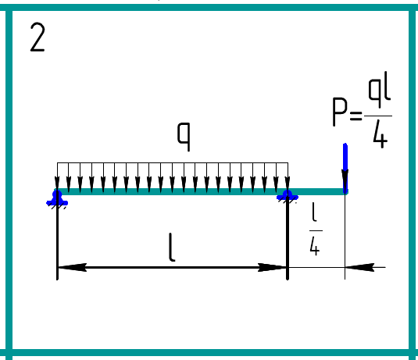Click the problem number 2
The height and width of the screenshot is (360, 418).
[38, 37]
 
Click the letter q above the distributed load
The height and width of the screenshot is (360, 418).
[184, 137]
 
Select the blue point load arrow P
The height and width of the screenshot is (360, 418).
[345, 168]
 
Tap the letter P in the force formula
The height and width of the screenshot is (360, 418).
[340, 112]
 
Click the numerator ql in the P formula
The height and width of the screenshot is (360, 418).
[380, 90]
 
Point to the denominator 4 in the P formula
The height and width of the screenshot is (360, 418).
[380, 134]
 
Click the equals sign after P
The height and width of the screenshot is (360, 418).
[356, 116]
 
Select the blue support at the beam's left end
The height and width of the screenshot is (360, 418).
[57, 198]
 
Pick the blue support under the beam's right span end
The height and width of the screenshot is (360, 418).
[288, 197]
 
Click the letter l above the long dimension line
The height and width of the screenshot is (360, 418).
[172, 247]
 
